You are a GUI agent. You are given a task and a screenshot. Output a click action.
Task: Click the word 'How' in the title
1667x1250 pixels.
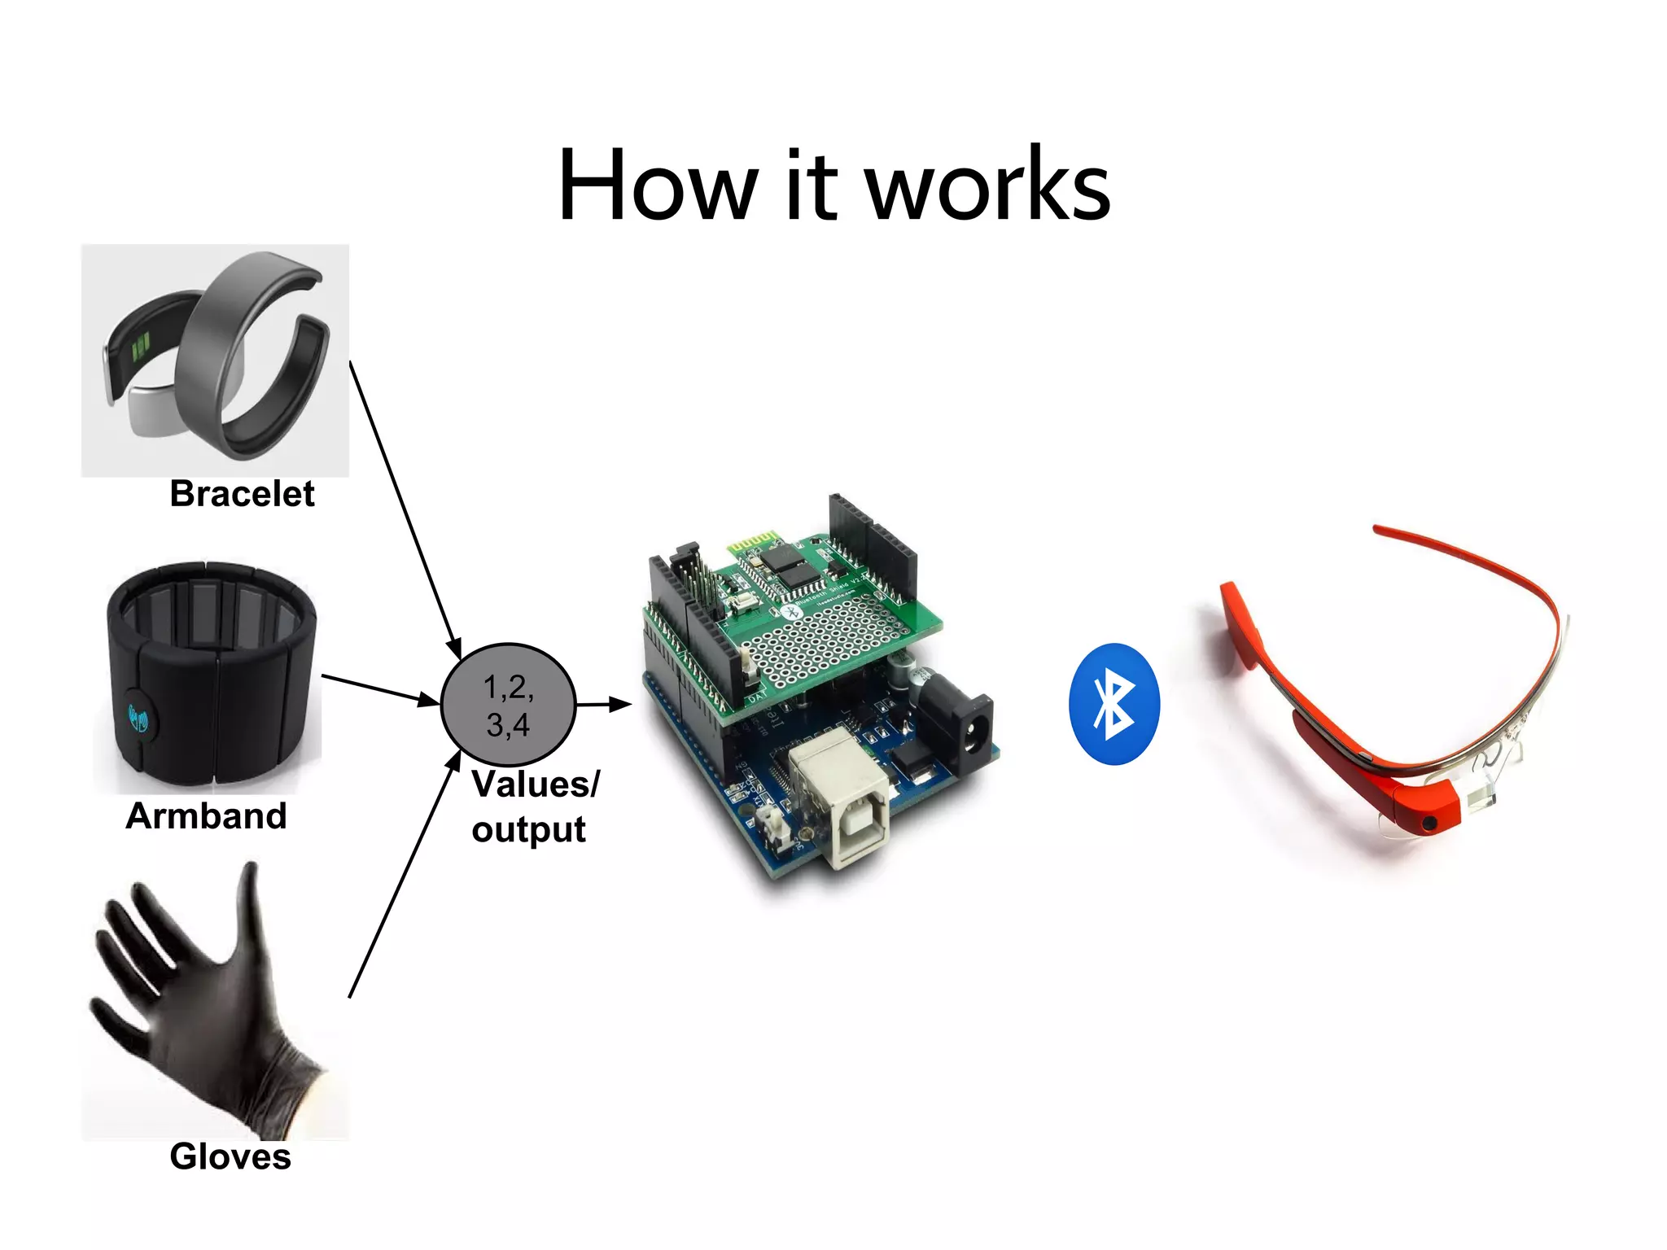pyautogui.click(x=657, y=186)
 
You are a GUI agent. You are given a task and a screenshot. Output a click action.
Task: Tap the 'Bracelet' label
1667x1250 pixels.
pyautogui.click(x=242, y=494)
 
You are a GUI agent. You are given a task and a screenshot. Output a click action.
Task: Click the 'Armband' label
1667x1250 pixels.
pyautogui.click(x=206, y=816)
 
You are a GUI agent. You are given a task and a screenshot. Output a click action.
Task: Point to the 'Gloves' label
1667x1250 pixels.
pyautogui.click(x=230, y=1156)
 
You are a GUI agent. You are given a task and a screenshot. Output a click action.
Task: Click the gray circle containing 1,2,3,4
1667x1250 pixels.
pyautogui.click(x=508, y=705)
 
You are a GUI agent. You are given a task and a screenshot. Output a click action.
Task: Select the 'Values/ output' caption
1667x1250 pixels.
pyautogui.click(x=535, y=806)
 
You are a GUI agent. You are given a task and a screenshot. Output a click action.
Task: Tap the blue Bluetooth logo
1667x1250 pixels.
pyautogui.click(x=1114, y=704)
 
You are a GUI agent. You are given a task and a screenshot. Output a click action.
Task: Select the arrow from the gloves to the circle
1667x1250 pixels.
pyautogui.click(x=405, y=875)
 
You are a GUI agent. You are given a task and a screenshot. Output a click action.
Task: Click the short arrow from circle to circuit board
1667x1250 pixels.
pyautogui.click(x=603, y=704)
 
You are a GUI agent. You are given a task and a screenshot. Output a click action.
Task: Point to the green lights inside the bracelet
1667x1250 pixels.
pyautogui.click(x=142, y=346)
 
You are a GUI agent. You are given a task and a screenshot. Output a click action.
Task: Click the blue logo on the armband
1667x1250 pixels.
pyautogui.click(x=138, y=718)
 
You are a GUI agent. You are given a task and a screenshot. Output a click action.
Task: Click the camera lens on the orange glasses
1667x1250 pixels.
pyautogui.click(x=1429, y=824)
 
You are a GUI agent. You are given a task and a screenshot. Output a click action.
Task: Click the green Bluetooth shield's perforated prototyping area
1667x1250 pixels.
pyautogui.click(x=822, y=643)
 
